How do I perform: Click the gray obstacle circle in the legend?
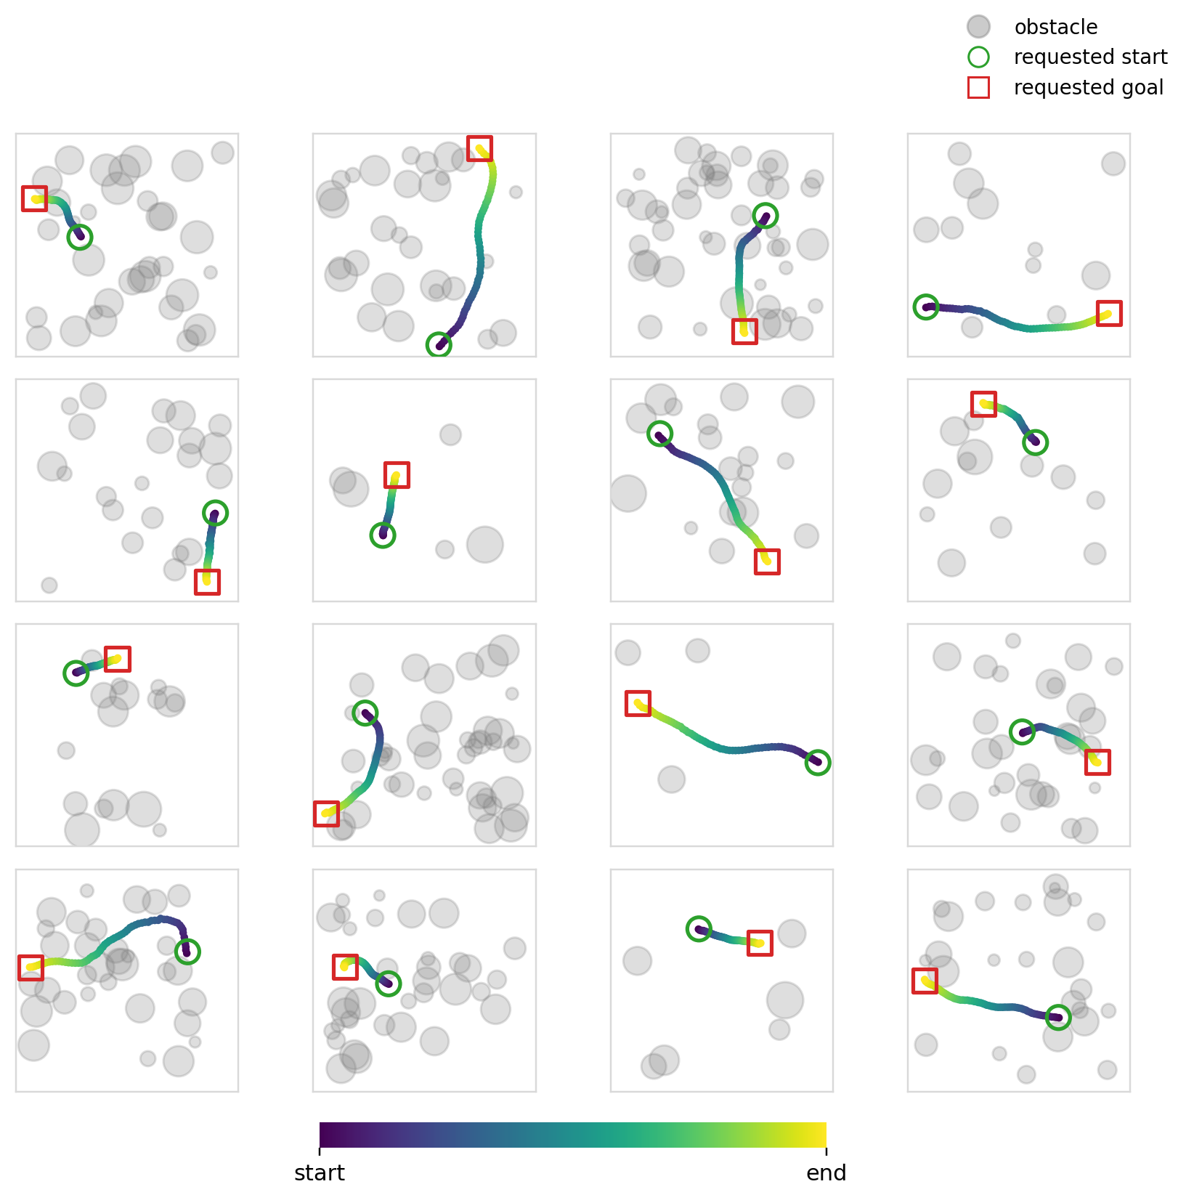point(978,27)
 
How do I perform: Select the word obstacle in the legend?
point(1055,28)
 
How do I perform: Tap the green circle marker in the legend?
point(978,57)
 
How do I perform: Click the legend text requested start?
point(1090,57)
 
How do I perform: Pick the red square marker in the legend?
point(978,88)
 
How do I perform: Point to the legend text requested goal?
point(1088,88)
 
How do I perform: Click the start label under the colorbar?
point(320,1173)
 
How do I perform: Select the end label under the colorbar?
point(826,1173)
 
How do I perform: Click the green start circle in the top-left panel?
point(80,237)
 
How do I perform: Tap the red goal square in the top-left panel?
point(34,198)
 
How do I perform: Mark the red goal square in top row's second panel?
point(479,148)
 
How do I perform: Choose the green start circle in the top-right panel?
point(925,307)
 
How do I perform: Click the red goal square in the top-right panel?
point(1109,314)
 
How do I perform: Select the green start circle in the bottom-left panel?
point(187,952)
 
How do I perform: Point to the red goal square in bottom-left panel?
point(31,968)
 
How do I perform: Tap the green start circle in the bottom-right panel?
point(1058,1017)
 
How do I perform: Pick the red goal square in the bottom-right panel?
point(925,981)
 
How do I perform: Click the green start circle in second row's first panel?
point(215,513)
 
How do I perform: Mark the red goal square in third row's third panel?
point(638,703)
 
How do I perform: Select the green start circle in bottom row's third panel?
point(699,928)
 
